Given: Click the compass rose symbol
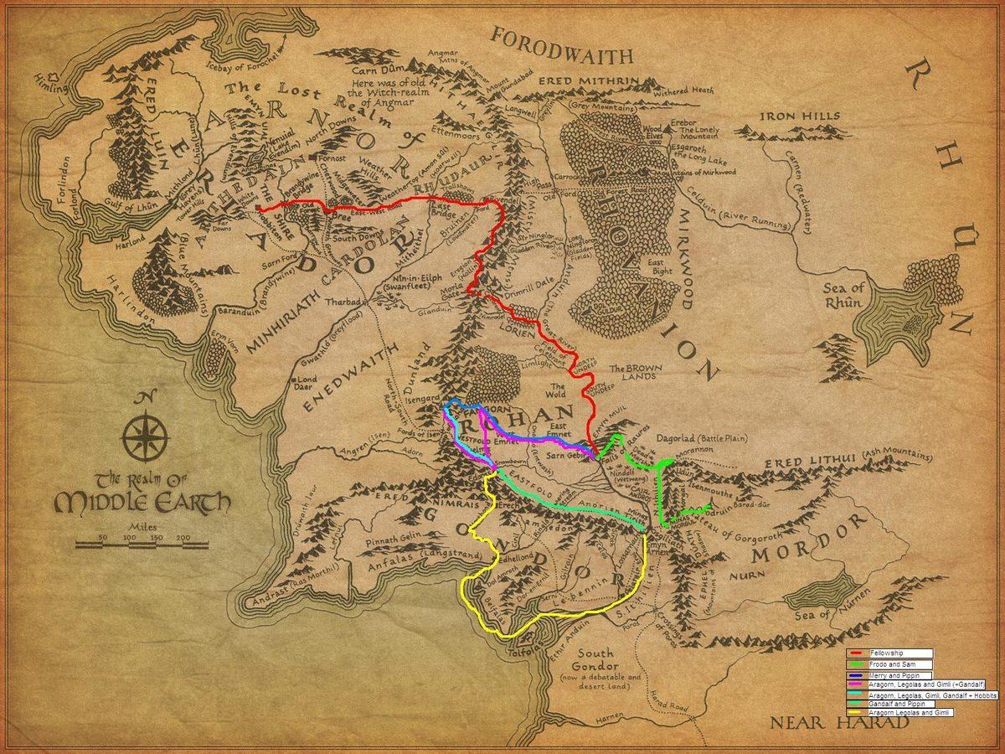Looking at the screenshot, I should [147, 436].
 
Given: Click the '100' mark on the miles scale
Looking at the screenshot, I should [129, 537].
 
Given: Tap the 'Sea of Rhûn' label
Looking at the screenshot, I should [841, 295].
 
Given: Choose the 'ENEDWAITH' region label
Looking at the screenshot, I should [344, 385].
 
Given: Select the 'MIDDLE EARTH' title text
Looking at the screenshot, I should [142, 503].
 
